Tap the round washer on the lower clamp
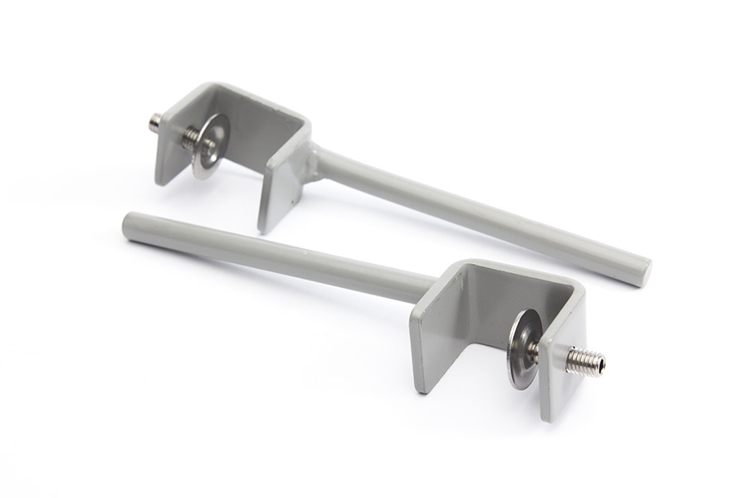click(x=523, y=348)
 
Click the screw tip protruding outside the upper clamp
click(x=154, y=122)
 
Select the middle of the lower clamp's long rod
click(x=274, y=260)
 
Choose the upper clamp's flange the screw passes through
click(x=171, y=154)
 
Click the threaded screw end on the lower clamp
click(x=586, y=361)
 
